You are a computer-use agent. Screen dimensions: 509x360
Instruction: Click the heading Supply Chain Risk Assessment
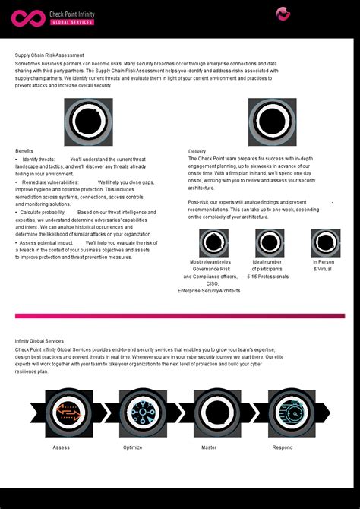[49, 55]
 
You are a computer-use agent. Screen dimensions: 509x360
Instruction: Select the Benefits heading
[24, 151]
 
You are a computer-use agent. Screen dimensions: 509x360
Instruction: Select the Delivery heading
[197, 151]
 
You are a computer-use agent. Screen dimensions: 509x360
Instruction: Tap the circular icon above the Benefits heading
[88, 122]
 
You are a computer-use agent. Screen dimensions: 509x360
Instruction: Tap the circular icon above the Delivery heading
[272, 122]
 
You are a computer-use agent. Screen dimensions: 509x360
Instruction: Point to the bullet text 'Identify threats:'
[38, 160]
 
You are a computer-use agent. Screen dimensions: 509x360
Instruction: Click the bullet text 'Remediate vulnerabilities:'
[50, 182]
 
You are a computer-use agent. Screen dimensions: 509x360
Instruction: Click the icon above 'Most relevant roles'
[213, 243]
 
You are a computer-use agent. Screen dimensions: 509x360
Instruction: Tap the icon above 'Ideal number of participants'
[269, 243]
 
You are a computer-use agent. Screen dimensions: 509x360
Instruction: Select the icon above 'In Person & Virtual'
[325, 243]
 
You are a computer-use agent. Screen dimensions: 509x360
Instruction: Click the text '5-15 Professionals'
[268, 277]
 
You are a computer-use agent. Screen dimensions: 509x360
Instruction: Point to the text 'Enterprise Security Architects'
[209, 291]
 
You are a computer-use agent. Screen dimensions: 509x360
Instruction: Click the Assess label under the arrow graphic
[61, 447]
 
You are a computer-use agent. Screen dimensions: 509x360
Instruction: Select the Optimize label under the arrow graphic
[132, 447]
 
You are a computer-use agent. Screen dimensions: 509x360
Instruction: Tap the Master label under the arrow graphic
[209, 447]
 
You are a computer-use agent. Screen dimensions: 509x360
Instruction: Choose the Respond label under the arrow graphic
[283, 447]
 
